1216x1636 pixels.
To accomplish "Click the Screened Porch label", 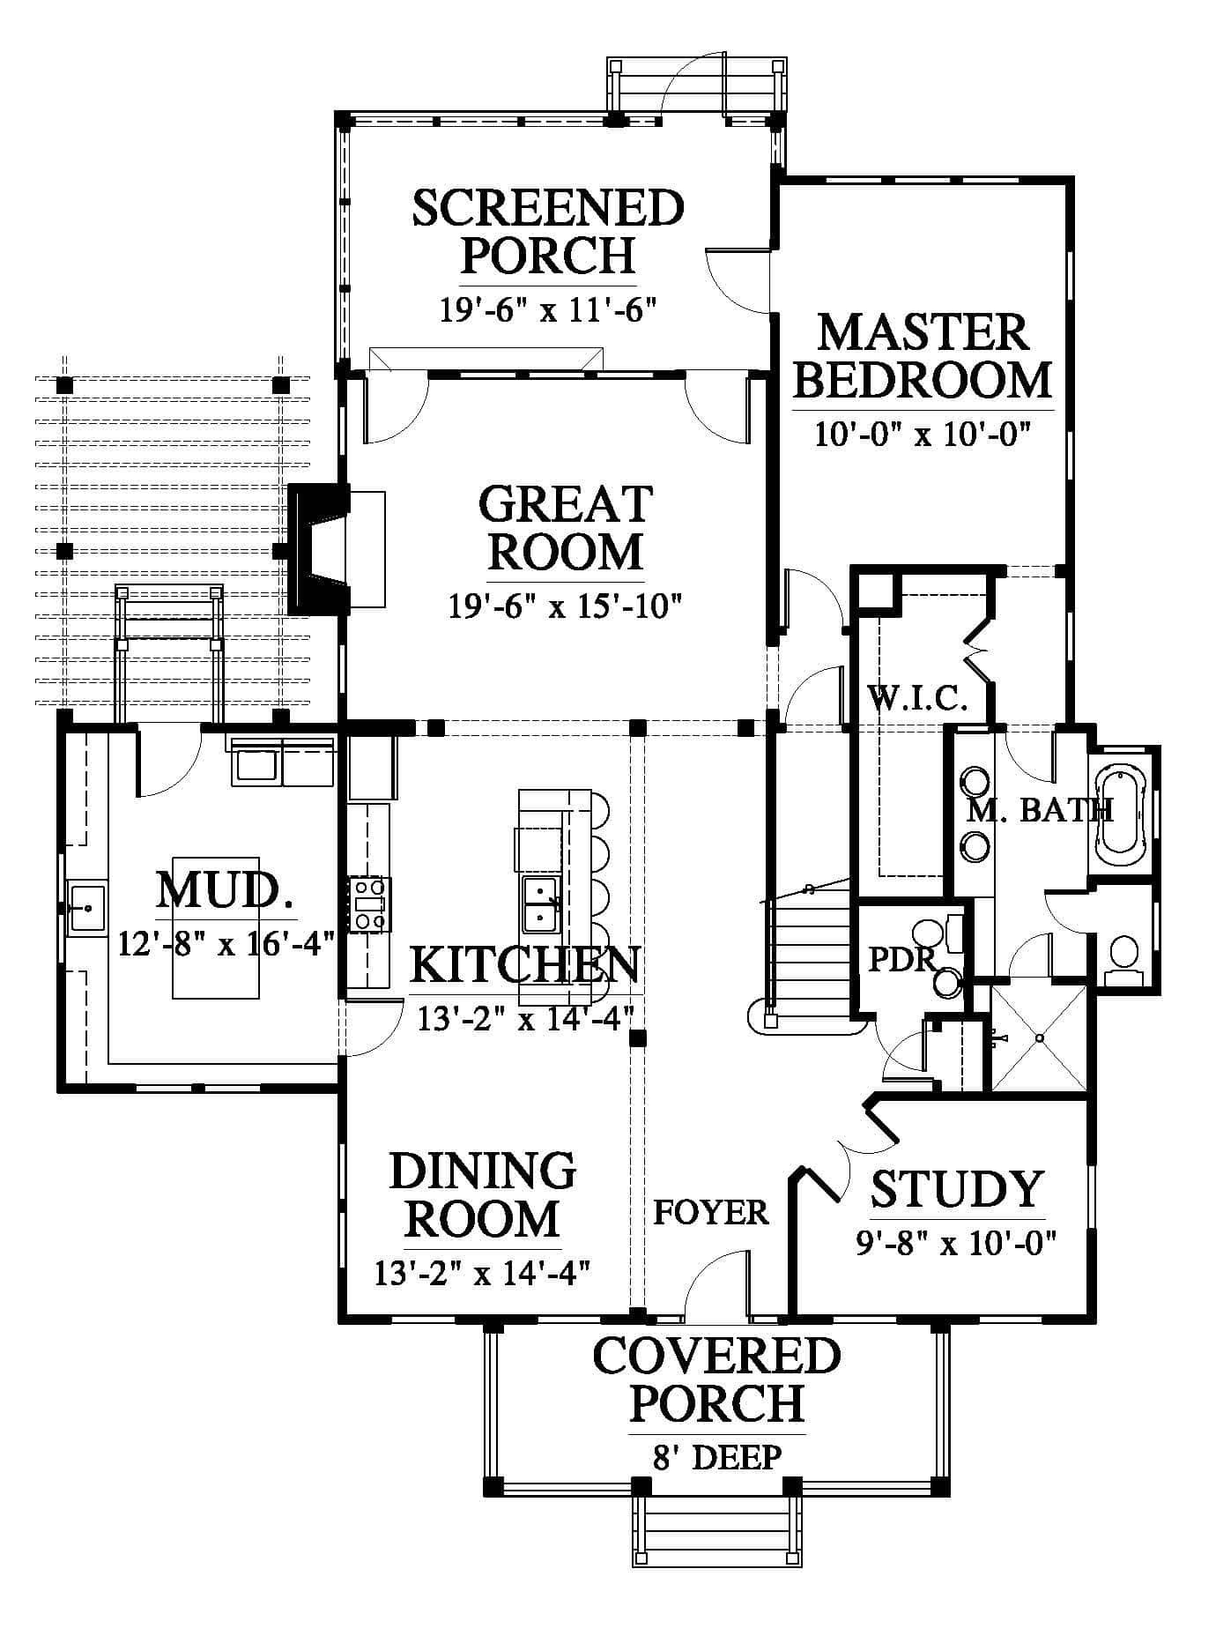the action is pos(548,231).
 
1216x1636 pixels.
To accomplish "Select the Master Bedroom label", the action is pos(923,356).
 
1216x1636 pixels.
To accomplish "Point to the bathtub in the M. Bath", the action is pos(1119,812).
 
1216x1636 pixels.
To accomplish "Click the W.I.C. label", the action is pos(918,699).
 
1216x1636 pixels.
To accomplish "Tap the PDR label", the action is pos(901,959).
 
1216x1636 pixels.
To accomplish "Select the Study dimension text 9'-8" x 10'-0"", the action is pos(956,1243).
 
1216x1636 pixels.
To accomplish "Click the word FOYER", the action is pos(711,1212).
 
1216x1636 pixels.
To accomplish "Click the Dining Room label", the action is pos(483,1194).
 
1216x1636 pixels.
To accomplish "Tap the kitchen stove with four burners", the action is pos(370,904).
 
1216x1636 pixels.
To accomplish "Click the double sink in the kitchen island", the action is pos(540,904).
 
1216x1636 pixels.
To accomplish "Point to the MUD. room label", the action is pos(226,890).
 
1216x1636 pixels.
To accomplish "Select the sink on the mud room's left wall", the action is pos(87,907).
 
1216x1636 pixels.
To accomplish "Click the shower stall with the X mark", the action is pos(1039,1038).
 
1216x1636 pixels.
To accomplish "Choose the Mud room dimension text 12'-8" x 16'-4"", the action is pos(226,944).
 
